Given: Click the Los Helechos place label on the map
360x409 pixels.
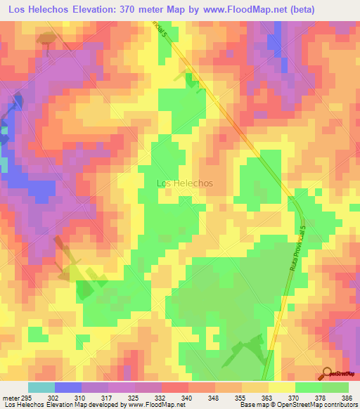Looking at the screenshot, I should [184, 183].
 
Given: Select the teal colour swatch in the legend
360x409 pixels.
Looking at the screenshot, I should [41, 387].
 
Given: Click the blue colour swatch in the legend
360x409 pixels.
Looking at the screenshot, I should [67, 387].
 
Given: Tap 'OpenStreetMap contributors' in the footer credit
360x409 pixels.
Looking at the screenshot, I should [321, 405].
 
